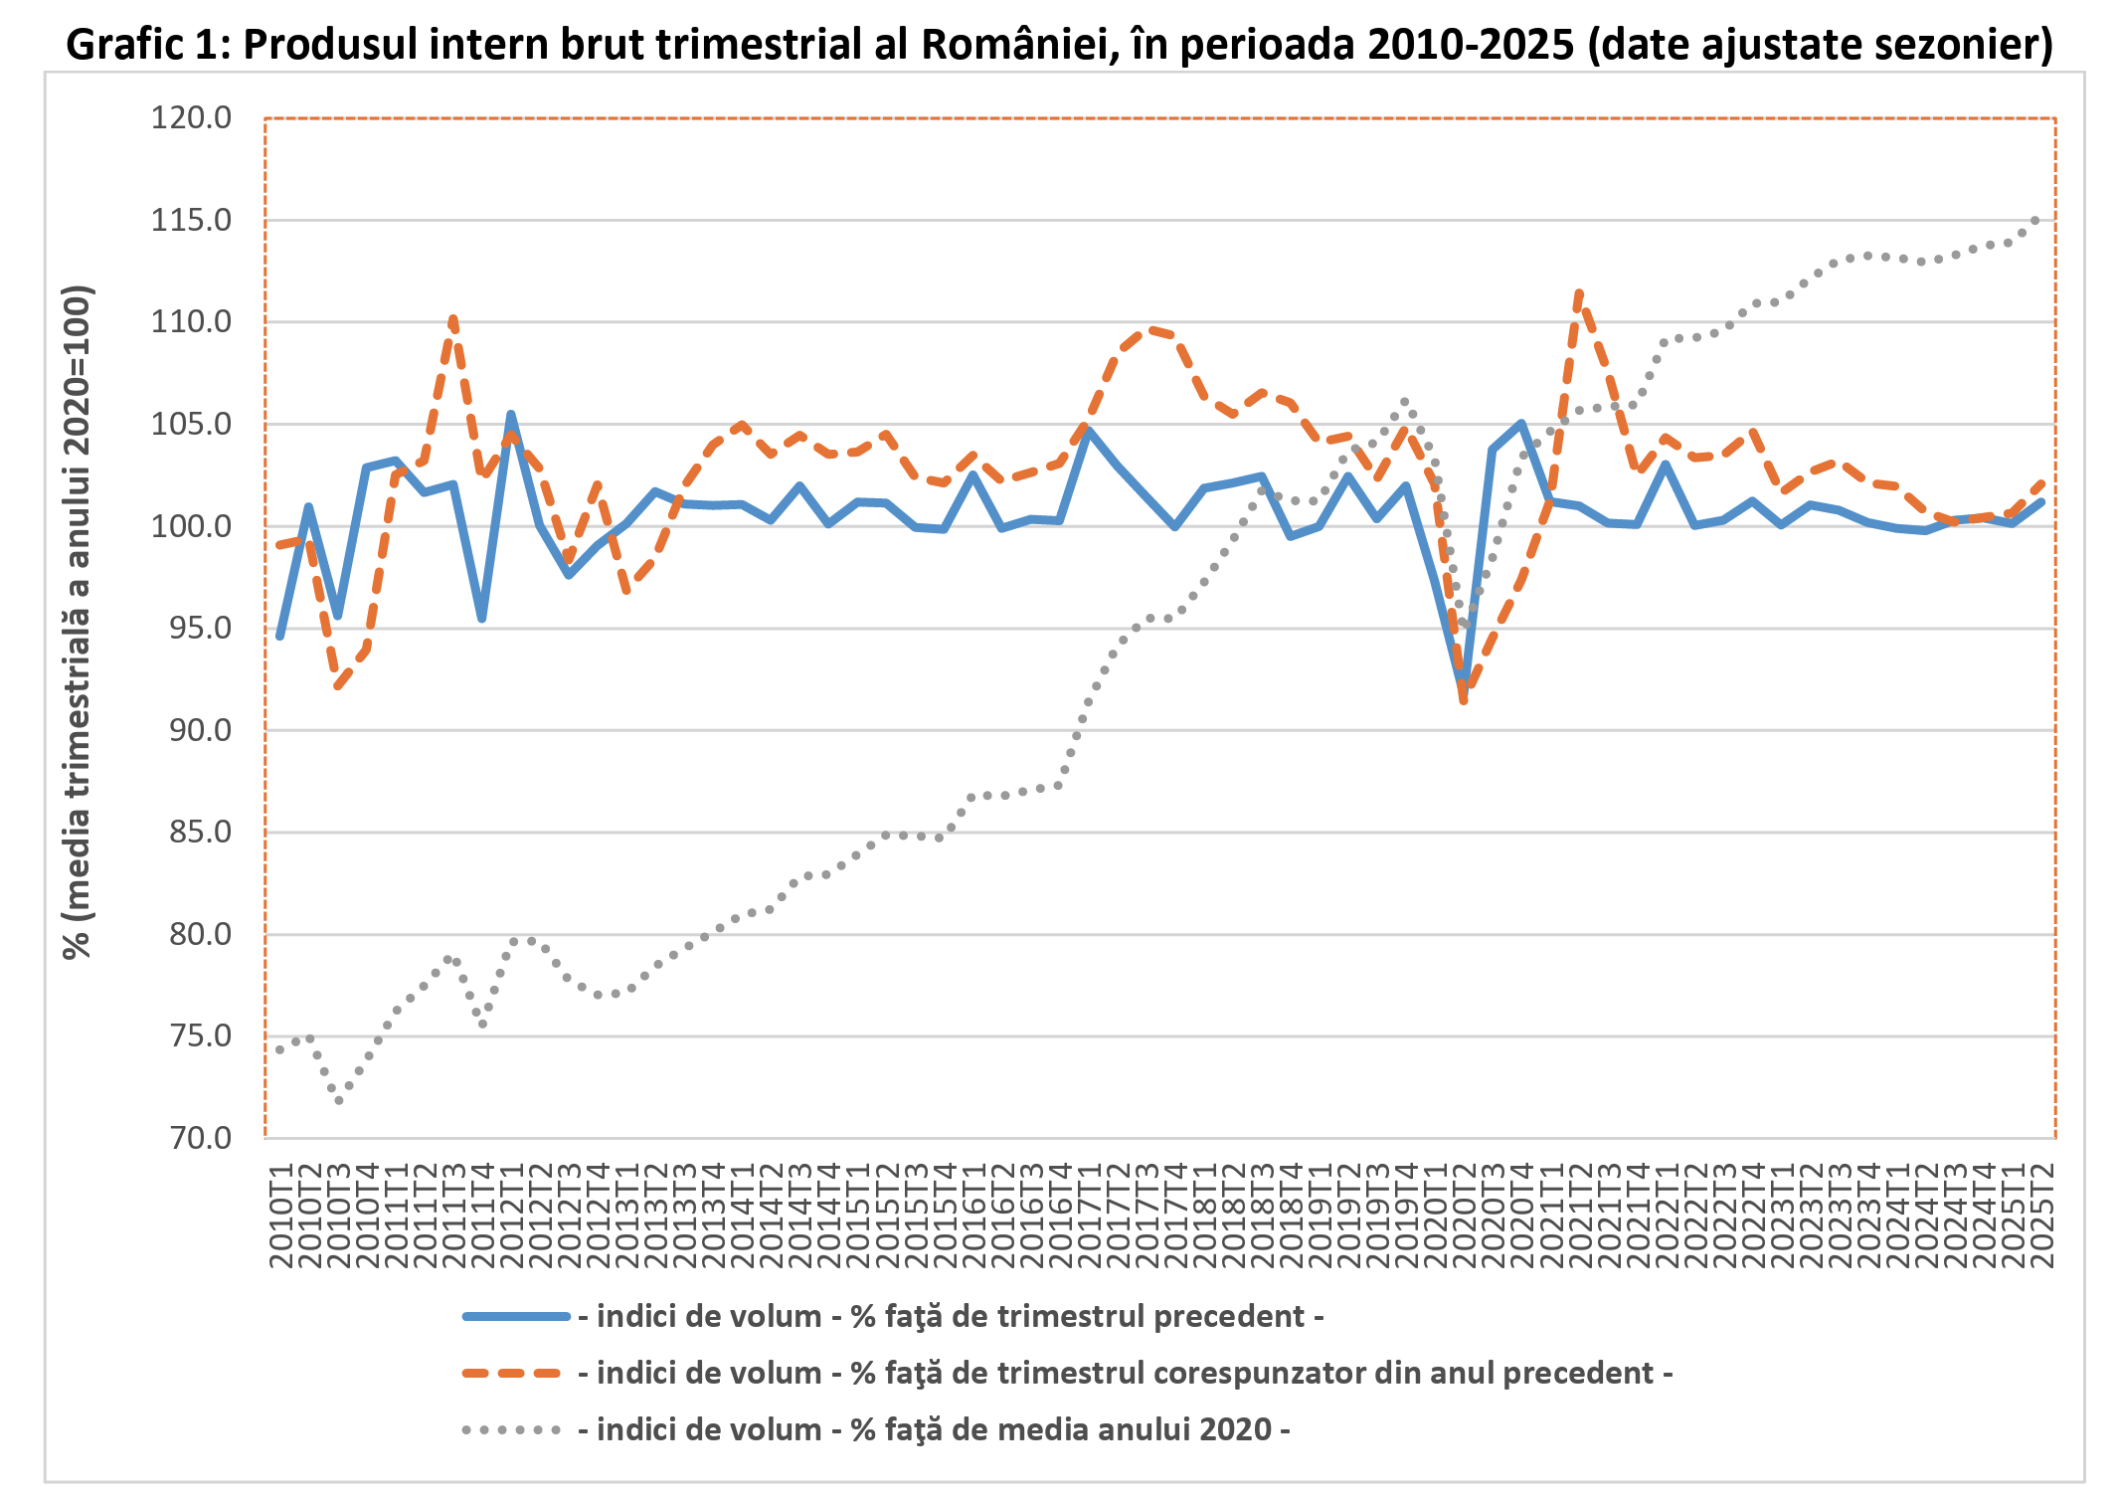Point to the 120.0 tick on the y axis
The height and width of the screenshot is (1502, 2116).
(x=191, y=118)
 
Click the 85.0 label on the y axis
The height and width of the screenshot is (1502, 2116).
(x=191, y=832)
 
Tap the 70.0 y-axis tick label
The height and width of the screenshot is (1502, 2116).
(x=191, y=1138)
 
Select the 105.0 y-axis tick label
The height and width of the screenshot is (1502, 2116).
(x=191, y=424)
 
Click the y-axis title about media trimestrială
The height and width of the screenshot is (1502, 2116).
(x=78, y=623)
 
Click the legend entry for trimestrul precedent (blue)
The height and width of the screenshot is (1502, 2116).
(x=959, y=1316)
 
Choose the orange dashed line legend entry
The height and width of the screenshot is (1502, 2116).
(x=1134, y=1373)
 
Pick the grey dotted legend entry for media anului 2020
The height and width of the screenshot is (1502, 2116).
(x=943, y=1429)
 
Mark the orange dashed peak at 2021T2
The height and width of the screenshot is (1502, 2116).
(x=1579, y=292)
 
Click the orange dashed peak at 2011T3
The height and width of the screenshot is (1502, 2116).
(x=453, y=318)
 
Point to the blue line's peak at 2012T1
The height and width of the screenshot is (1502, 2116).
(x=510, y=415)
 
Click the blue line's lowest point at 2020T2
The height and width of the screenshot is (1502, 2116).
(x=1463, y=686)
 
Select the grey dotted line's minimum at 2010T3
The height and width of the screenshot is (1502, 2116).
(x=338, y=1101)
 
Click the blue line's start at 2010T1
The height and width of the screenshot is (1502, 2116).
(x=280, y=637)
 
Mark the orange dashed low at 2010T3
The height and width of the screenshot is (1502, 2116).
(x=338, y=687)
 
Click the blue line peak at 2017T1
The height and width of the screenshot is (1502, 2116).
(x=1089, y=431)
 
